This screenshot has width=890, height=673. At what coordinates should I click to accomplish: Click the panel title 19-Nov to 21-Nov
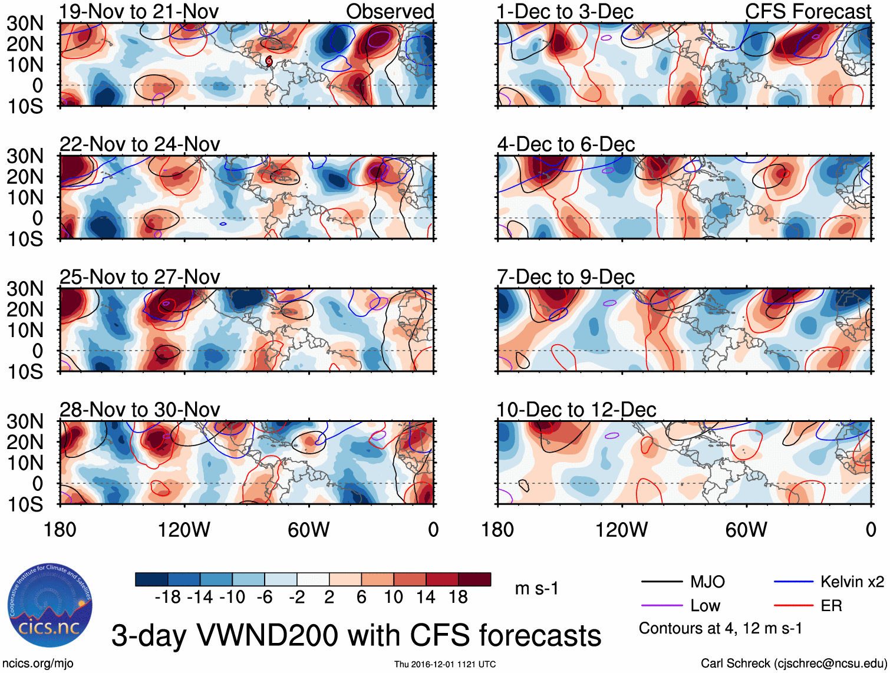[x=139, y=11]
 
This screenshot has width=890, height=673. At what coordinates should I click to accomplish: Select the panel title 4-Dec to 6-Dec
[x=566, y=144]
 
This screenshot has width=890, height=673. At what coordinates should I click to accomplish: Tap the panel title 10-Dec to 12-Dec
[x=576, y=410]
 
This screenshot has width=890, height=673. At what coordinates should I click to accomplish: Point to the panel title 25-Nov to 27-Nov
[x=140, y=277]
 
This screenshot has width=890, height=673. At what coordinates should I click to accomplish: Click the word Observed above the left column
[x=390, y=11]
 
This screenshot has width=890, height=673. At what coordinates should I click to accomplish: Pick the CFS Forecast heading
[x=808, y=11]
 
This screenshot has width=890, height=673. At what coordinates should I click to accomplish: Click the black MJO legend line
[x=661, y=582]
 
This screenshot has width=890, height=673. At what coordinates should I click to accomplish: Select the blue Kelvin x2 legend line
[x=793, y=582]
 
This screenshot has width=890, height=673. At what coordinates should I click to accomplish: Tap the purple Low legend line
[x=661, y=606]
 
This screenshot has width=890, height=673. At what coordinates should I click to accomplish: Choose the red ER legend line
[x=793, y=606]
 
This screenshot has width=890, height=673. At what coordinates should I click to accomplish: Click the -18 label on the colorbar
[x=167, y=598]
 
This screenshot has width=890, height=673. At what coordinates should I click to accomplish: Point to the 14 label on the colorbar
[x=426, y=598]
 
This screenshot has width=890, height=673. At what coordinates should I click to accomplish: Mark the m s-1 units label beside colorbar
[x=536, y=588]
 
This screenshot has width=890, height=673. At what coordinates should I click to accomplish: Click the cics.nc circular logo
[x=50, y=606]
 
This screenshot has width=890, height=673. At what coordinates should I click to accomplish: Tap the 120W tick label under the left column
[x=184, y=530]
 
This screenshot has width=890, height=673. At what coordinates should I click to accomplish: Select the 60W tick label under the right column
[x=746, y=530]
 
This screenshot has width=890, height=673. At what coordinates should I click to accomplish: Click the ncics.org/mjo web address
[x=38, y=664]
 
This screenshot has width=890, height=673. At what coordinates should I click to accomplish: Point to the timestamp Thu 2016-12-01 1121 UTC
[x=445, y=664]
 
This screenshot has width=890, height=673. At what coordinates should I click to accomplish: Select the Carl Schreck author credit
[x=793, y=664]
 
